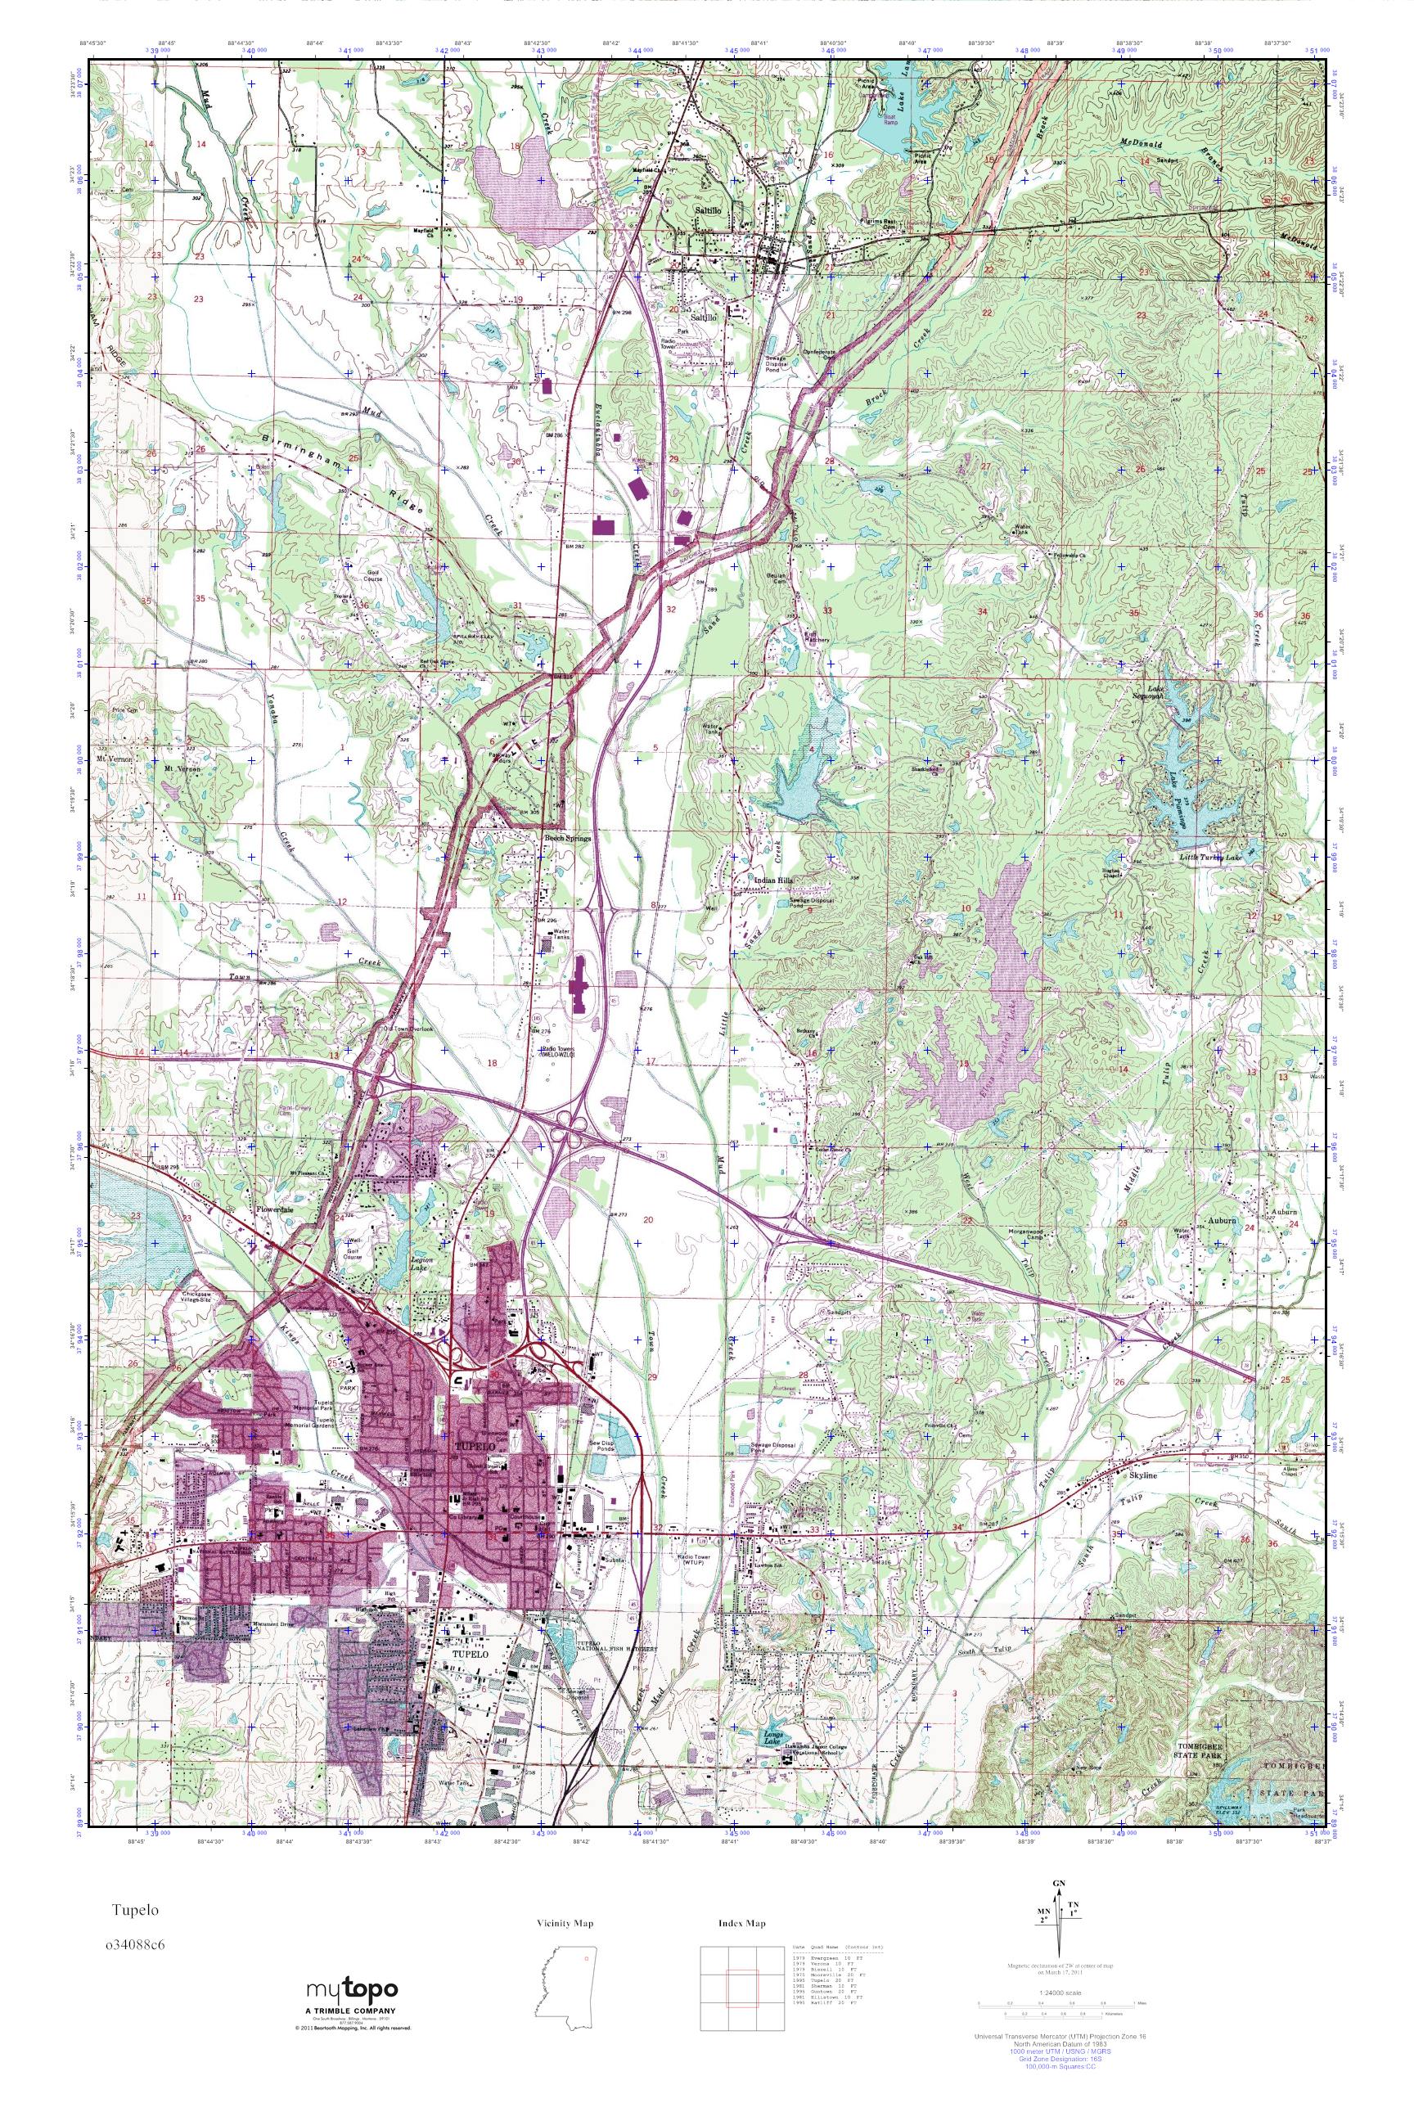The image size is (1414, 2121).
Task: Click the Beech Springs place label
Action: coord(566,838)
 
